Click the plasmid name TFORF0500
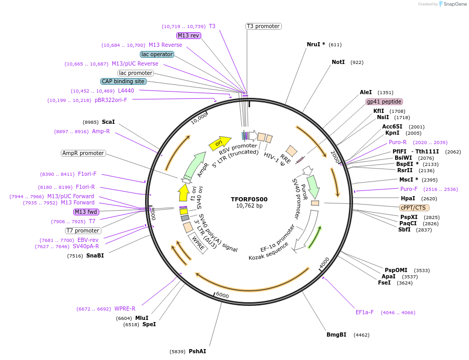coord(249,199)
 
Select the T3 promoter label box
coord(263,26)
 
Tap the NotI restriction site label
coord(338,62)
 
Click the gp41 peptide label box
coord(384,102)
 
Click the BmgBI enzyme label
coord(336,335)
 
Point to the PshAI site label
coord(197,352)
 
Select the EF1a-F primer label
coord(364,313)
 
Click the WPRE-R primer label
coord(125,308)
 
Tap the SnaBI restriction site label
coord(95,255)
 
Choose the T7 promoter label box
coord(83,230)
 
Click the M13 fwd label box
coord(86,212)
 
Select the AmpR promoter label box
coord(83,153)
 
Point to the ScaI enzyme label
coord(108,122)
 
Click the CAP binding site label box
coord(123,82)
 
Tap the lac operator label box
coord(157,54)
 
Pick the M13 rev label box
coord(188,36)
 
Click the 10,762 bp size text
coord(249,206)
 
